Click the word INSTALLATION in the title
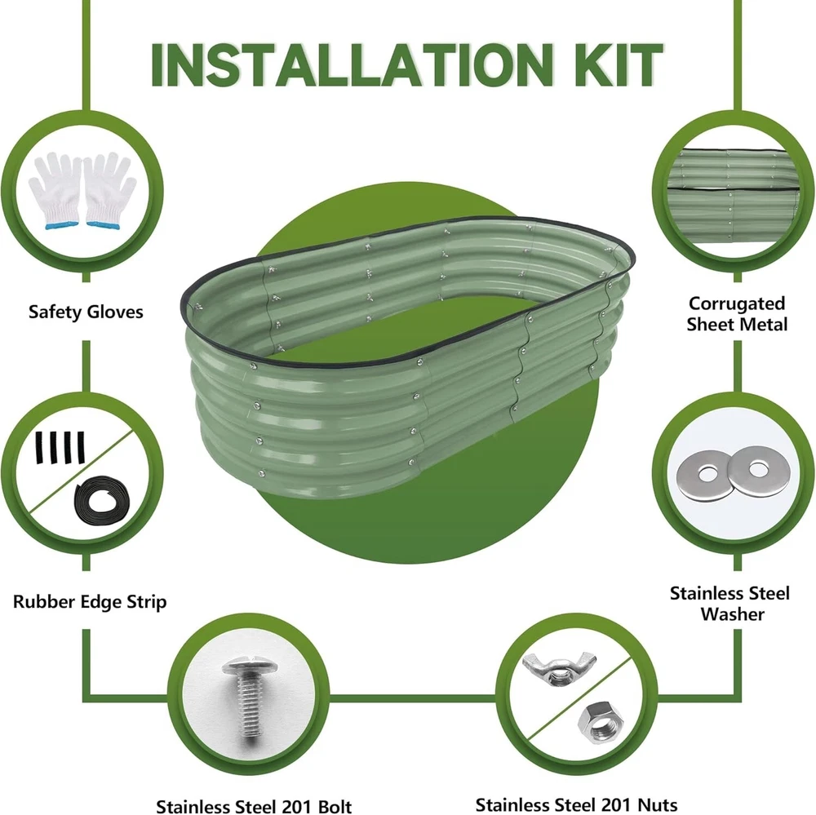[351, 64]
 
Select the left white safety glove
[55, 191]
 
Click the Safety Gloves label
[86, 312]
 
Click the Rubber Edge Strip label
[90, 601]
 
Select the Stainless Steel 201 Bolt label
[254, 806]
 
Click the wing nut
[560, 668]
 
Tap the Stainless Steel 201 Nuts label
[577, 804]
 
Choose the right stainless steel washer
[758, 472]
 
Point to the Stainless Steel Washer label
[730, 604]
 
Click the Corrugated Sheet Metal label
[736, 314]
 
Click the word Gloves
[114, 312]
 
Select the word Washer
[732, 614]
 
